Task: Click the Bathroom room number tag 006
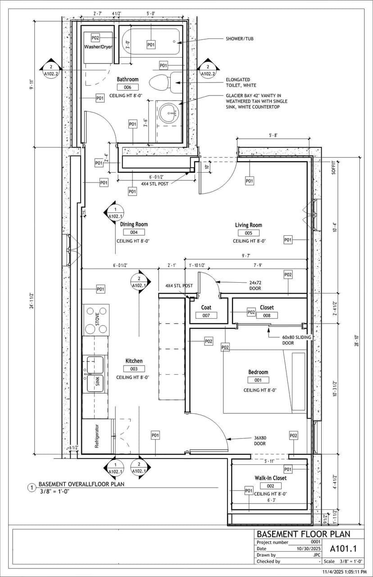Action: (127, 87)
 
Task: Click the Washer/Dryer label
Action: (98, 47)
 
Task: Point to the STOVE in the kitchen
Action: (96, 320)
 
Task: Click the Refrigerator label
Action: (97, 436)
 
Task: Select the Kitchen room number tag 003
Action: (134, 369)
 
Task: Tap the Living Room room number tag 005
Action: (249, 233)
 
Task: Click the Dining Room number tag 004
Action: (134, 232)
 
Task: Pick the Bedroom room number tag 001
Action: (258, 380)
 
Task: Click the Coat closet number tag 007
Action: (206, 316)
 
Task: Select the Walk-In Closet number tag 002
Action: (270, 485)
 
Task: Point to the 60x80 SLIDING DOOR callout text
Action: (297, 340)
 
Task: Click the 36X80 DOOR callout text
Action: (260, 440)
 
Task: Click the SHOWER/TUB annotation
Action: (239, 39)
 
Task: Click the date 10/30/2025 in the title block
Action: (308, 549)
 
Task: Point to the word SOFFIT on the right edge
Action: (334, 168)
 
